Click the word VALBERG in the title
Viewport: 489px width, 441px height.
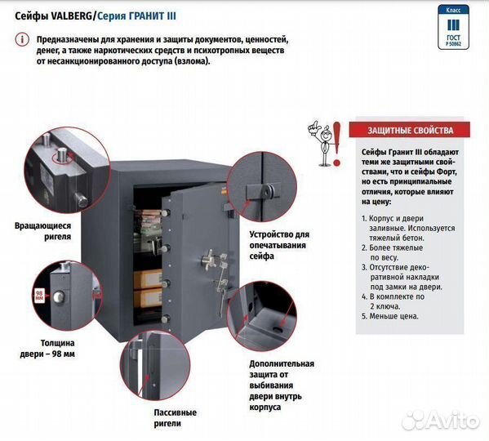pos(71,16)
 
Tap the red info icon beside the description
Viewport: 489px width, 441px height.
pos(23,40)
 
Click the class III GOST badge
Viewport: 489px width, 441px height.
pos(453,27)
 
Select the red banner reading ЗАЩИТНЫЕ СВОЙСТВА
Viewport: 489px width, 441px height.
pos(410,130)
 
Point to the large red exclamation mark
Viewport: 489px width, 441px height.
pos(337,144)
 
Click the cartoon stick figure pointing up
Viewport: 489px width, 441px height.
pos(321,143)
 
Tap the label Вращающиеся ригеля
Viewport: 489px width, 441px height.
pos(42,231)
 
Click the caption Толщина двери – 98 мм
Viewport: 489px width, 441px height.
pos(47,349)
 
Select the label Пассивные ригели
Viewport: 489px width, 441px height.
pos(175,418)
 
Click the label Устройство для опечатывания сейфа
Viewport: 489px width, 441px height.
pos(279,245)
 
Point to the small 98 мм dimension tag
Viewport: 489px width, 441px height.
pos(39,295)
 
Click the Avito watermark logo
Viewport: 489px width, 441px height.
pos(440,421)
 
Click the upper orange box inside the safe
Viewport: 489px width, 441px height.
pos(148,279)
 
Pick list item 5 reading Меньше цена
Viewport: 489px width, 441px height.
pos(390,316)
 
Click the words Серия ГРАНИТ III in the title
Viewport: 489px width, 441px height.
pos(136,16)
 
